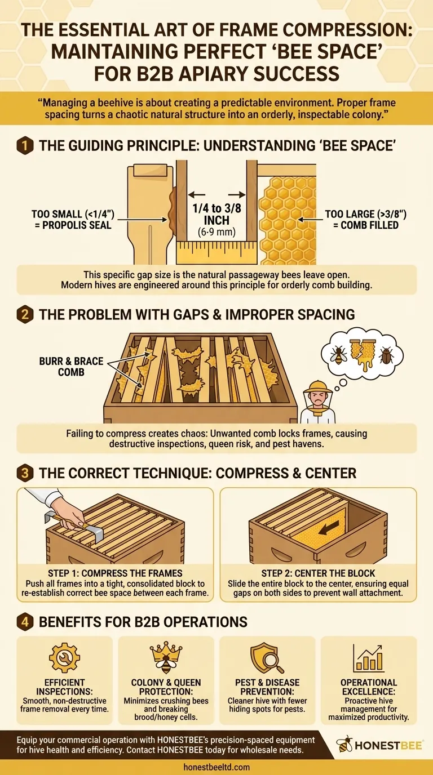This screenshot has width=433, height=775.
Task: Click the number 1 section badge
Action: tap(25, 146)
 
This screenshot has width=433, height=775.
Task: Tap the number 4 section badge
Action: tap(25, 622)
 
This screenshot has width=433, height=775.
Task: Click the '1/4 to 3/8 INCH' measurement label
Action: tap(217, 214)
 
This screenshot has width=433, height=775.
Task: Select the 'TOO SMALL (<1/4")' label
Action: tap(73, 214)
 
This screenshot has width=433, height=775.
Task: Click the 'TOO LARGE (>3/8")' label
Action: tap(365, 214)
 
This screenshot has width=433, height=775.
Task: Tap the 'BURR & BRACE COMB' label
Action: tap(72, 367)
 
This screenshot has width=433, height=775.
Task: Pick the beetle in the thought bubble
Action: tap(386, 355)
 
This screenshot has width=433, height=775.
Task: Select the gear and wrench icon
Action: tap(64, 658)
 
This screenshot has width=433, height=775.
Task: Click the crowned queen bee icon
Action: tap(166, 658)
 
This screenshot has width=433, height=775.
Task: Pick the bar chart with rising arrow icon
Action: tap(368, 658)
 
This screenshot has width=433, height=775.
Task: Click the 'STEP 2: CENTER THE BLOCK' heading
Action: tap(318, 573)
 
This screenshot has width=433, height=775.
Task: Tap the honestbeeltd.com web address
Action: tap(216, 767)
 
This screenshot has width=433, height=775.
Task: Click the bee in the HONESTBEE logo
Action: tap(344, 744)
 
